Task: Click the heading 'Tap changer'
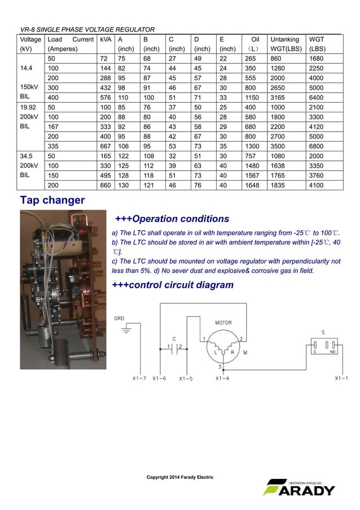pyautogui.click(x=52, y=200)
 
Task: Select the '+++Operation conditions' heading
pyautogui.click(x=172, y=219)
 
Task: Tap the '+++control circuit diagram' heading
pyautogui.click(x=173, y=285)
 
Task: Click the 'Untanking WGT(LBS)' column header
pyautogui.click(x=285, y=44)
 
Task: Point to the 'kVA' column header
pyautogui.click(x=104, y=40)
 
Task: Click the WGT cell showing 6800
pyautogui.click(x=317, y=145)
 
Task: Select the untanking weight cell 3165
pyautogui.click(x=280, y=97)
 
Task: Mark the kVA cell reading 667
pyautogui.click(x=105, y=145)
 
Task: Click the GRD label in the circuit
pyautogui.click(x=119, y=319)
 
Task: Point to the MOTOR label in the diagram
pyautogui.click(x=223, y=322)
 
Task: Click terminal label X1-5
pyautogui.click(x=186, y=378)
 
